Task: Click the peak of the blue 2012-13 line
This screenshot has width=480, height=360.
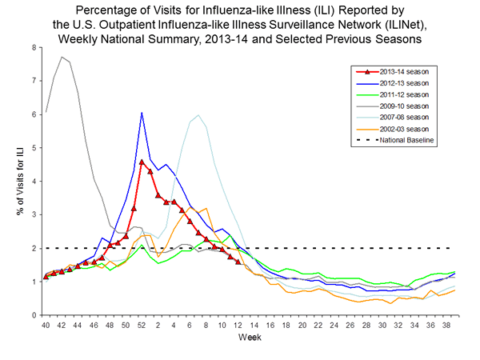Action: click(x=142, y=113)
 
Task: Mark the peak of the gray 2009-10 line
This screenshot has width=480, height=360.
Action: click(x=62, y=57)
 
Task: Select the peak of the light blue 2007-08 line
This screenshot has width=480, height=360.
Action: click(x=198, y=114)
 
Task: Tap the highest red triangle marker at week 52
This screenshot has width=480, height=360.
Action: click(x=142, y=162)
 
